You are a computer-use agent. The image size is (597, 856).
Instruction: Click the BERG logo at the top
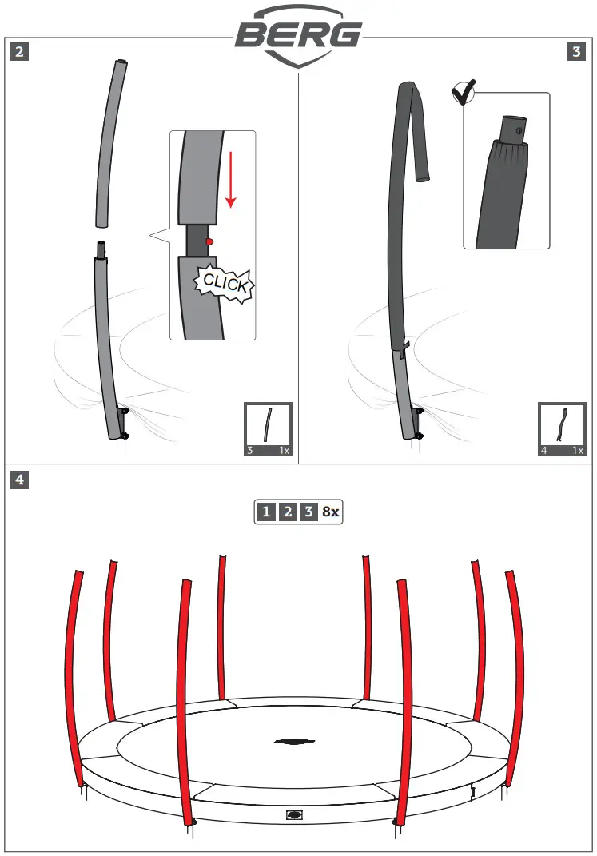coord(297,34)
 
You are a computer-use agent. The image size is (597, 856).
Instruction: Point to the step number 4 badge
coord(20,480)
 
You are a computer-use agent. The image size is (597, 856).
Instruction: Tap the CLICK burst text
coord(226,283)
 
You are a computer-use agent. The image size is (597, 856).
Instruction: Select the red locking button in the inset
coord(209,241)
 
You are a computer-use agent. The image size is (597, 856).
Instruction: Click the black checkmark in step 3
coord(462,94)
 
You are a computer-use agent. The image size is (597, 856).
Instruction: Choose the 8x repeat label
coord(331,512)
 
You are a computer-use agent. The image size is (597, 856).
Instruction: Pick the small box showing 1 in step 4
coord(266,512)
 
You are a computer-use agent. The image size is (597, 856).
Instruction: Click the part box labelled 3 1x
coord(268,429)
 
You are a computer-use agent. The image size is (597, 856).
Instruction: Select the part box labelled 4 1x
coord(563,429)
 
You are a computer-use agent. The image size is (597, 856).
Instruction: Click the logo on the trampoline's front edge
coord(295,816)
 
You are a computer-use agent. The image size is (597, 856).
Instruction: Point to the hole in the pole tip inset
coord(519,129)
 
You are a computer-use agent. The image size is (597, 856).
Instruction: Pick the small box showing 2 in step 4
coord(288,512)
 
